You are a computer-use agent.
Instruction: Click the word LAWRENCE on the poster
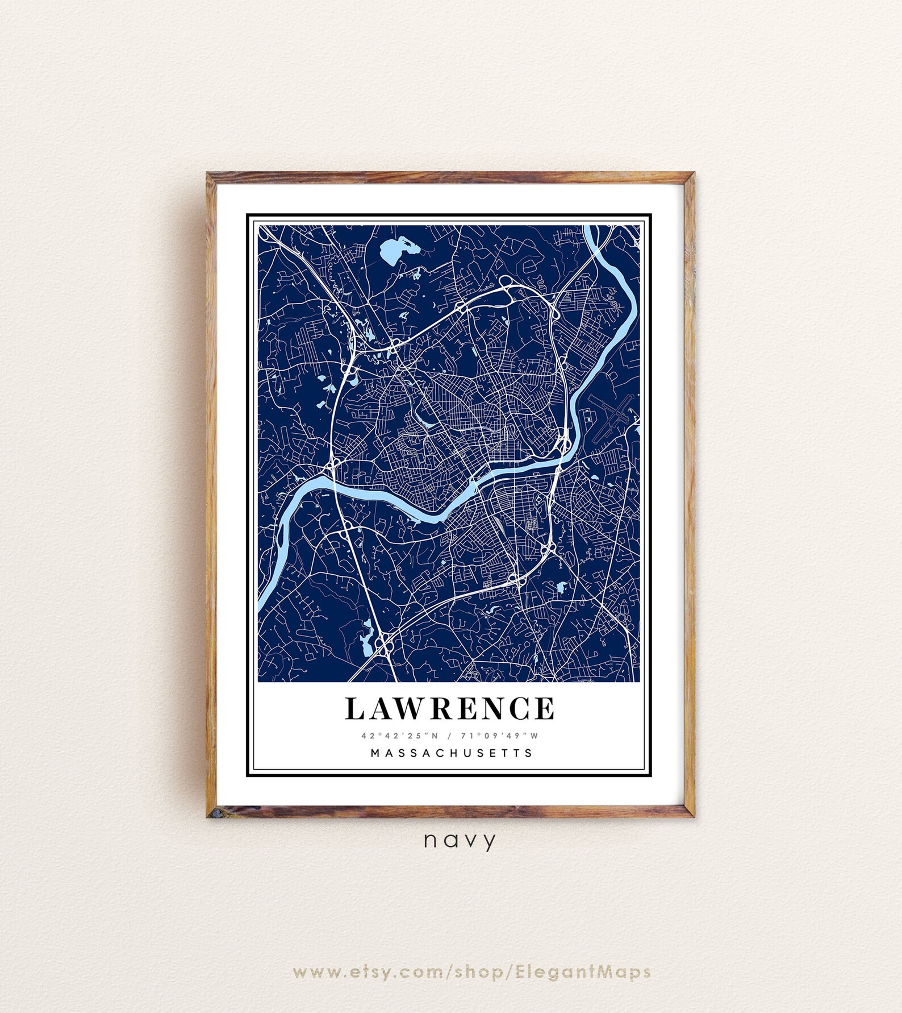(450, 708)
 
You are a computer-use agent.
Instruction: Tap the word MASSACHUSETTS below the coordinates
(452, 753)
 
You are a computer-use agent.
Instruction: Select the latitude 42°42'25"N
(400, 736)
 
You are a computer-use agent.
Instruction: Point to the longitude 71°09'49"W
(499, 736)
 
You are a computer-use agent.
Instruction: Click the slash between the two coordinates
(449, 736)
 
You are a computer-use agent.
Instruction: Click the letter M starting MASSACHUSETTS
(375, 753)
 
